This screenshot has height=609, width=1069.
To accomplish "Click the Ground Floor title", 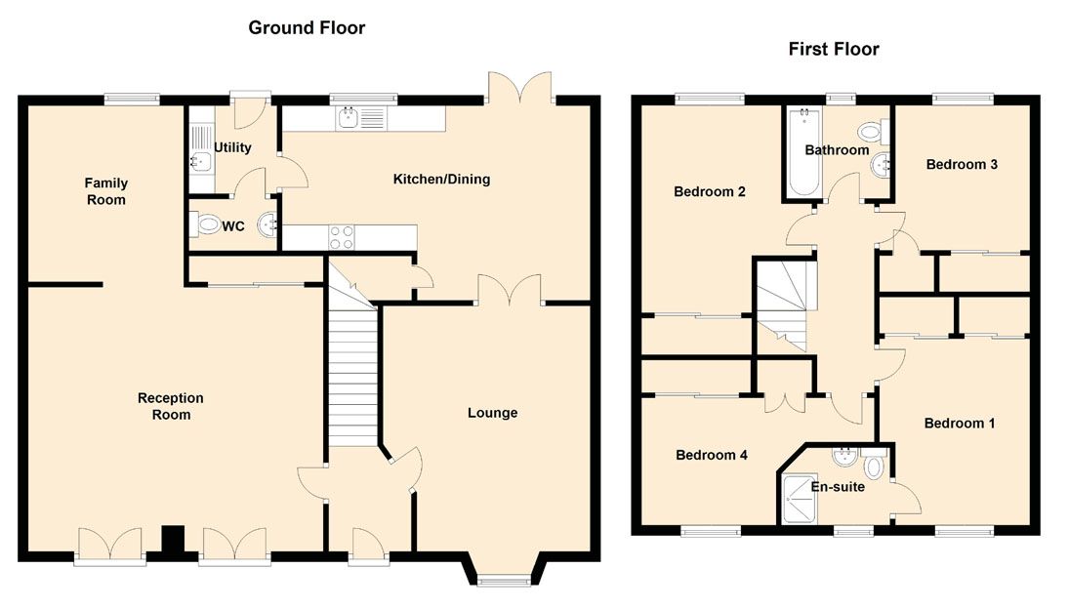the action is pyautogui.click(x=307, y=28).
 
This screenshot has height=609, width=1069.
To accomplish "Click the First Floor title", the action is pyautogui.click(x=834, y=49).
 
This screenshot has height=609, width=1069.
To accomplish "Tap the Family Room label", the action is pyautogui.click(x=105, y=191).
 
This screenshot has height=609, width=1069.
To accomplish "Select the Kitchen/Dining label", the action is pyautogui.click(x=442, y=180).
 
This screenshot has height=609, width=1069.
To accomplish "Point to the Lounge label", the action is pyautogui.click(x=492, y=413).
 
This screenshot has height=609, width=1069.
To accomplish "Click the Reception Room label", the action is pyautogui.click(x=171, y=406).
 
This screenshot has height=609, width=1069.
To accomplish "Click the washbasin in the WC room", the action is pyautogui.click(x=267, y=224).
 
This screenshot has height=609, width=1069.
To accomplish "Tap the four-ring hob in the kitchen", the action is pyautogui.click(x=342, y=237).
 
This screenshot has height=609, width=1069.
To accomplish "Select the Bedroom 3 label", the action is pyautogui.click(x=962, y=164).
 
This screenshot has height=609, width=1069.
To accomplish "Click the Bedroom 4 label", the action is pyautogui.click(x=711, y=455).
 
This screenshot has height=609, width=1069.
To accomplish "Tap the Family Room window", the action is pyautogui.click(x=132, y=100).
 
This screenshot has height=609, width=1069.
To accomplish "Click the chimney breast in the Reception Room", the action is pyautogui.click(x=173, y=543).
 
